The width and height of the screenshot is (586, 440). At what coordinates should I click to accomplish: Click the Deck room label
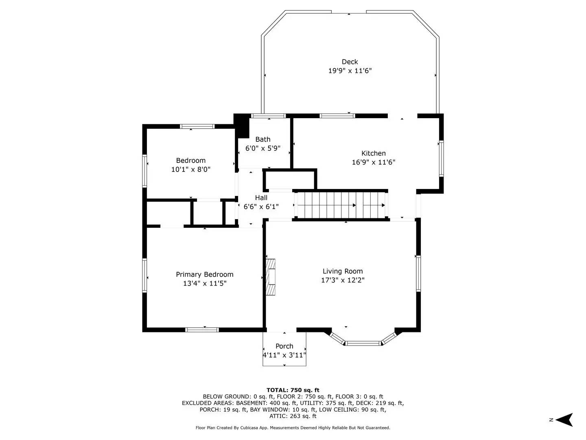pyautogui.click(x=350, y=62)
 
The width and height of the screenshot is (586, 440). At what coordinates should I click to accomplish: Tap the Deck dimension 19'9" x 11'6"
pyautogui.click(x=350, y=71)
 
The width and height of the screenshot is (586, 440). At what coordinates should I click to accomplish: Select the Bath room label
pyautogui.click(x=263, y=139)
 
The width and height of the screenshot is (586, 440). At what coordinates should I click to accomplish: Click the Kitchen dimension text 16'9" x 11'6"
pyautogui.click(x=374, y=162)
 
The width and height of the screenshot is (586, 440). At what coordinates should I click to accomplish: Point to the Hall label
pyautogui.click(x=261, y=198)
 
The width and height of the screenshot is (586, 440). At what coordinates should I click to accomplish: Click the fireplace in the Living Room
pyautogui.click(x=271, y=277)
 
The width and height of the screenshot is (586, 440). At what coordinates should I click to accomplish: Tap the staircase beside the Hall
pyautogui.click(x=341, y=205)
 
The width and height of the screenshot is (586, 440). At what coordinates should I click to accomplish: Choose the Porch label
pyautogui.click(x=284, y=346)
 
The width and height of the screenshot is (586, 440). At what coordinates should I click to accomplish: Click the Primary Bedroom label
pyautogui.click(x=204, y=275)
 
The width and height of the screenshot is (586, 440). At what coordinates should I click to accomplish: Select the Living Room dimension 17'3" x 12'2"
pyautogui.click(x=343, y=280)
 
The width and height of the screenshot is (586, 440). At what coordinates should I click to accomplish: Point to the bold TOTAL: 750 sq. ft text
pyautogui.click(x=293, y=390)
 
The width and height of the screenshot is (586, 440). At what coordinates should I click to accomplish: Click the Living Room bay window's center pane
pyautogui.click(x=363, y=343)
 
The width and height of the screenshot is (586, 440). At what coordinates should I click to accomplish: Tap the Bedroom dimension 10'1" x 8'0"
pyautogui.click(x=190, y=169)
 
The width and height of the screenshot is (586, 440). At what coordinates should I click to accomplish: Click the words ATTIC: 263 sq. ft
pyautogui.click(x=293, y=416)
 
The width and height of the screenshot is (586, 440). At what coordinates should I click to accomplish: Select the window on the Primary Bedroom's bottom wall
pyautogui.click(x=202, y=330)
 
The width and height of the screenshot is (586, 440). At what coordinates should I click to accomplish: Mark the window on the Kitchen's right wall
pyautogui.click(x=441, y=158)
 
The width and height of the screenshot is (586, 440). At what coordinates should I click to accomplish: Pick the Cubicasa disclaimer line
pyautogui.click(x=293, y=428)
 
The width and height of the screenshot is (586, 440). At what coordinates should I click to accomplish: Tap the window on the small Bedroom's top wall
pyautogui.click(x=197, y=126)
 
